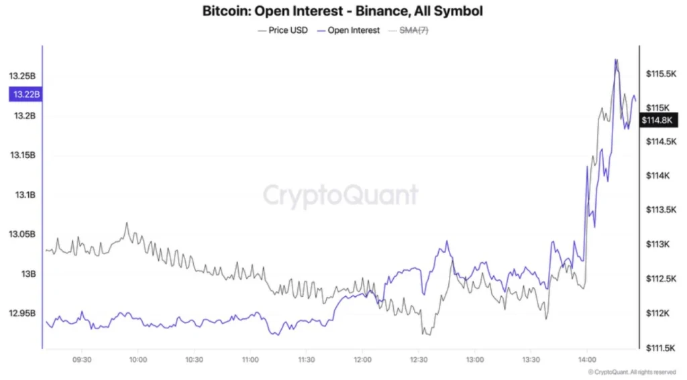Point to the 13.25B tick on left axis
click(22, 76)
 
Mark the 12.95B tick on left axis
click(22, 314)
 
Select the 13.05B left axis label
click(22, 235)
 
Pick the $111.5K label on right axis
click(659, 348)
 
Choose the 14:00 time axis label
click(586, 359)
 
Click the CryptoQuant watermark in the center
click(340, 195)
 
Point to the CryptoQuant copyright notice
click(631, 372)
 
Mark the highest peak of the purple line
click(616, 60)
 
